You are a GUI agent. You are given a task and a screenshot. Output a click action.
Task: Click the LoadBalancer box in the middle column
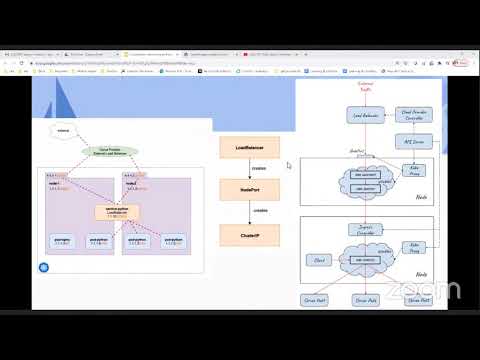click(249, 147)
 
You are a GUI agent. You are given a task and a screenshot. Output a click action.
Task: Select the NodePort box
click(249, 188)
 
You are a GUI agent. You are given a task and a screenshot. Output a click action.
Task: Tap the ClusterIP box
click(249, 236)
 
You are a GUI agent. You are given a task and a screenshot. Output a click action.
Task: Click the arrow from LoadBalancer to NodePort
click(249, 168)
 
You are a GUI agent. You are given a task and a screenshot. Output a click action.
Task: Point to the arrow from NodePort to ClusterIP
click(249, 212)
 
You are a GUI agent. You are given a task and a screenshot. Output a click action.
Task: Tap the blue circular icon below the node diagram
click(44, 267)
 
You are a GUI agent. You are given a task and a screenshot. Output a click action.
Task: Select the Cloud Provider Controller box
click(414, 115)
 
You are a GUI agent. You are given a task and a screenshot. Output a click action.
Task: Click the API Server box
click(414, 143)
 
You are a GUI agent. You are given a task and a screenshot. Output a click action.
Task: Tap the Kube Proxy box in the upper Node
click(414, 173)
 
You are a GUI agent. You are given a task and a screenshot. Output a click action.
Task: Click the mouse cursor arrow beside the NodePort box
click(288, 165)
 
